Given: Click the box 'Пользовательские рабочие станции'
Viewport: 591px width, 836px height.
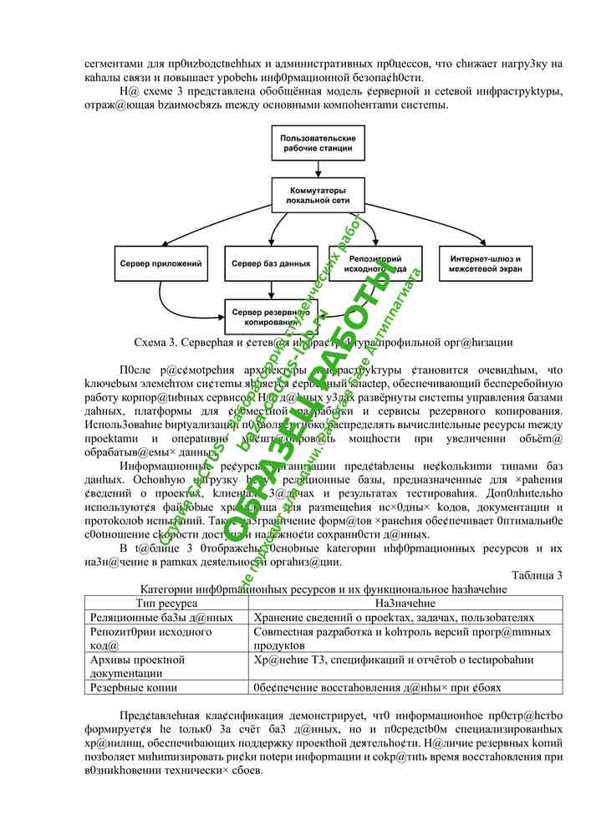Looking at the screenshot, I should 318,143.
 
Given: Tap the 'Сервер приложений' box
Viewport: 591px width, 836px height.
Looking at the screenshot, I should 160,264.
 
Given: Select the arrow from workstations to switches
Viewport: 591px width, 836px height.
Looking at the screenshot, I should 318,170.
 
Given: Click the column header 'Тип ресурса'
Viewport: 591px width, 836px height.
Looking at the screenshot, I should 166,602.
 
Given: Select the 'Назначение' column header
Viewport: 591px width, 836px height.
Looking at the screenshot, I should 406,602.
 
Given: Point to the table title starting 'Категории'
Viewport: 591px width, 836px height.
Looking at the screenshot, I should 324,588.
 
